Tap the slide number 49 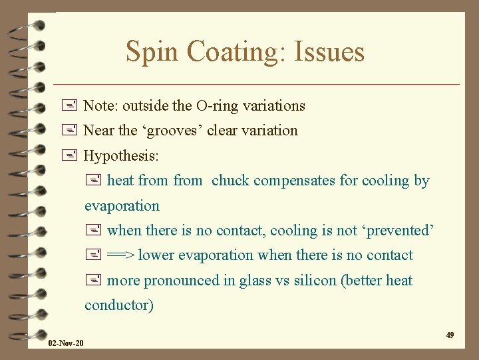tap(450, 335)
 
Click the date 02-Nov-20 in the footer tap(66, 343)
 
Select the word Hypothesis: tap(122, 156)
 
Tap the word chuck tap(230, 181)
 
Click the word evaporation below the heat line tap(122, 206)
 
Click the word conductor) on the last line tap(119, 305)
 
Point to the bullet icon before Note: tap(73, 105)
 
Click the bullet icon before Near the tap(73, 131)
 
